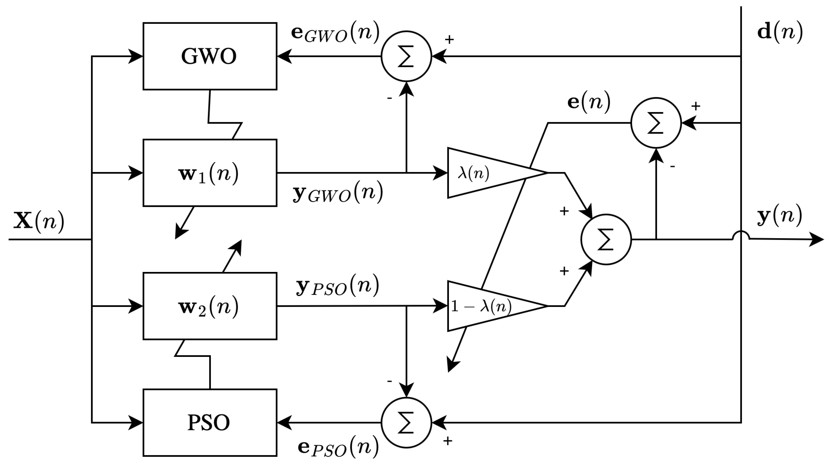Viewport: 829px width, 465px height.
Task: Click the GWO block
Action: click(210, 56)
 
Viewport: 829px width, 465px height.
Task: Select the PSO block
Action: click(210, 423)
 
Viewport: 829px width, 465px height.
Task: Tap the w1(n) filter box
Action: click(210, 173)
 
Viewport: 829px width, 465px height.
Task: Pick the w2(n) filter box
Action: click(210, 306)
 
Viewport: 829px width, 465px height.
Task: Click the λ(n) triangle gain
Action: click(483, 173)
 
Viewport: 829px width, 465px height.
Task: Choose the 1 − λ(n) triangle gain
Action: click(483, 306)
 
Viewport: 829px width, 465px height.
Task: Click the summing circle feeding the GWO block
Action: click(406, 56)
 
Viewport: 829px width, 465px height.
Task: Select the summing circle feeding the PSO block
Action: click(406, 423)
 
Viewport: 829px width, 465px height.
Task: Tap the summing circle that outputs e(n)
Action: click(656, 123)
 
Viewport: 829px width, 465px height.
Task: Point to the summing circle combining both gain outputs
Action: click(606, 239)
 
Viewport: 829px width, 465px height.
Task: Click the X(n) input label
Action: click(39, 221)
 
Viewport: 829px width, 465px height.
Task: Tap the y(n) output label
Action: click(779, 216)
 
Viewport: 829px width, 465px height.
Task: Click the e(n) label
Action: click(589, 102)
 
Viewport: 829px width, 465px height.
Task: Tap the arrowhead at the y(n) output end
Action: click(818, 239)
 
